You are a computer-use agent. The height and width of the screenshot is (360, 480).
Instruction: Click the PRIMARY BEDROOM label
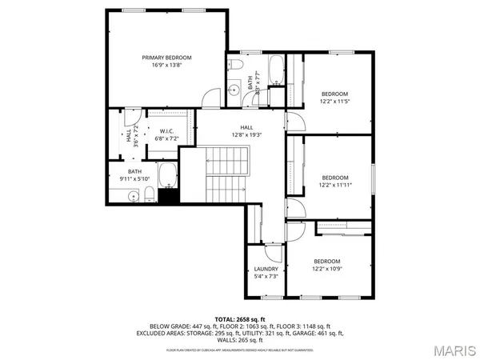167,58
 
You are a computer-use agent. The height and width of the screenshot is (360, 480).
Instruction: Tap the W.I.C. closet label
167,130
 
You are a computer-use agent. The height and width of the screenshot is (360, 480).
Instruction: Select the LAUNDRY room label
266,269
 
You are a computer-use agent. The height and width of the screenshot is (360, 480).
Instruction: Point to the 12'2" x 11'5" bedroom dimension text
334,102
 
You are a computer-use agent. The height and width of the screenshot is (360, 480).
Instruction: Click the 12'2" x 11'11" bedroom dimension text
335,186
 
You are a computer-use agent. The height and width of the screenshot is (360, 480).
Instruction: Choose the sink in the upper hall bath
235,88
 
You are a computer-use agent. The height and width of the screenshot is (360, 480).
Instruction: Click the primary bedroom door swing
210,95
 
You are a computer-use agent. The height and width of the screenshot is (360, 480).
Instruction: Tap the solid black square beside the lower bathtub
168,196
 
